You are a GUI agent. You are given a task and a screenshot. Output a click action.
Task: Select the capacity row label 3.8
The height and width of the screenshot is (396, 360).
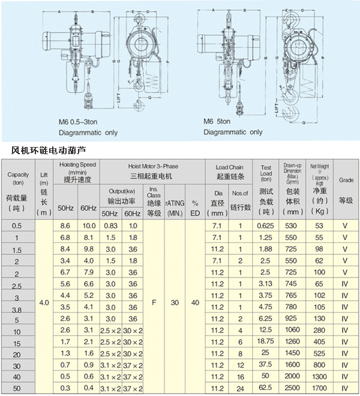pos(17,307)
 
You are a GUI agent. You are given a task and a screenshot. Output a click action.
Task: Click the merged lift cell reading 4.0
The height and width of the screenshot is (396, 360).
pos(44,303)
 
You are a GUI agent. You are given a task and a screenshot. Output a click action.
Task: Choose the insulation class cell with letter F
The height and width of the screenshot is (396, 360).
pos(154,303)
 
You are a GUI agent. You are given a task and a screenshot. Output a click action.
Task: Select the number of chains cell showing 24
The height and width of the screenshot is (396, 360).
pos(240,388)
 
